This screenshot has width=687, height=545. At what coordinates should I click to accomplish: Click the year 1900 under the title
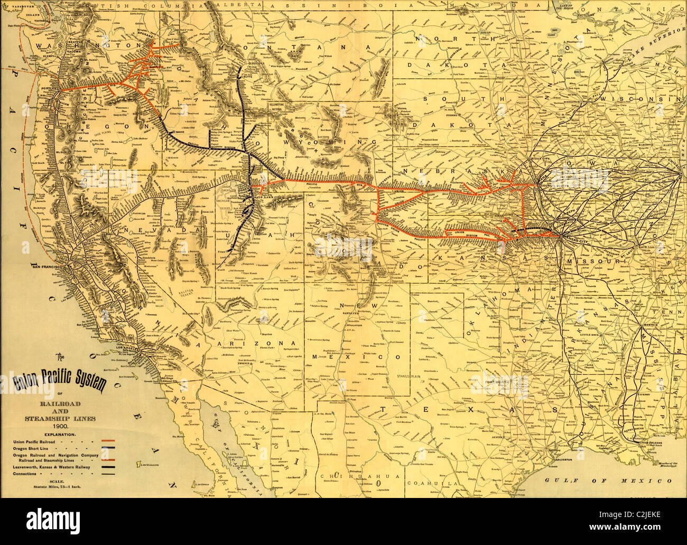point(59,426)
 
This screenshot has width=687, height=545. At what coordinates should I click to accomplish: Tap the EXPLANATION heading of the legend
point(60,434)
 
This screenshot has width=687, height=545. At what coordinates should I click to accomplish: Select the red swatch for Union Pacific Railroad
point(108,441)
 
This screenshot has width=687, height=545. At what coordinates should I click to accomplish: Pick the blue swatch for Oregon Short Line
point(108,448)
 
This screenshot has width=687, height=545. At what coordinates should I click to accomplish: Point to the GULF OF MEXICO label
point(607,481)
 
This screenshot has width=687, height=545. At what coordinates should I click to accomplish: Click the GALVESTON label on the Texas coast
point(563,460)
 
